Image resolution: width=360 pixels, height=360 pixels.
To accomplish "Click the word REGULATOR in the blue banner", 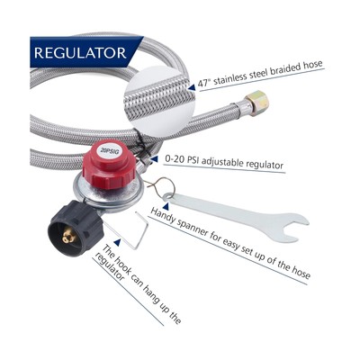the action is point(80,53).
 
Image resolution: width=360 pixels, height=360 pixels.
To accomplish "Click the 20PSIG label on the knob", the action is point(110,151).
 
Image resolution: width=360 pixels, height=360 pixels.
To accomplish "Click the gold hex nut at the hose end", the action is point(257,103).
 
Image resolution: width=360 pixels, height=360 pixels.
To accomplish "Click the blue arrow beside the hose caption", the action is point(192,86).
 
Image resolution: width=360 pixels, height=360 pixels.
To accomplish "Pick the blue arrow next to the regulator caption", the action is point(155,159).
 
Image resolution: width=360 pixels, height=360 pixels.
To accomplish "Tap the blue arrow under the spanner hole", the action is point(166,206).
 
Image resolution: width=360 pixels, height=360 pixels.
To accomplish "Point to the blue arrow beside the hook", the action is point(118,242).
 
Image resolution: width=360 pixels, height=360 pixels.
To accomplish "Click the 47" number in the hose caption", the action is point(203,82).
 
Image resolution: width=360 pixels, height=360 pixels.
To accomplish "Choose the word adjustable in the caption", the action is point(222,162).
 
